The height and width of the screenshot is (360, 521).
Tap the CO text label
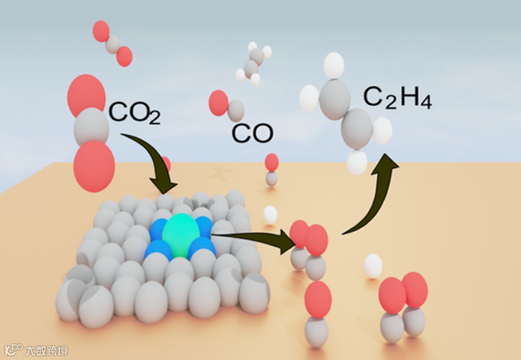[253, 133]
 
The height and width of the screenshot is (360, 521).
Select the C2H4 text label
[398, 98]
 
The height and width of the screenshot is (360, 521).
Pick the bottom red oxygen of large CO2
[94, 166]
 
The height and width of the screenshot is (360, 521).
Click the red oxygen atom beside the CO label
[218, 103]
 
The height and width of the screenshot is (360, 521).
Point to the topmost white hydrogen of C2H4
[333, 65]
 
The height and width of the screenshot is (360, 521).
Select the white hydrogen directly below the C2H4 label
[382, 131]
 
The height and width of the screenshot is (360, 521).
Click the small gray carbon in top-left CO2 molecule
[113, 44]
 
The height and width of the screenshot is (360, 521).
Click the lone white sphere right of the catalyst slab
[270, 215]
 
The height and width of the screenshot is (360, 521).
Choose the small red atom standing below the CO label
[272, 162]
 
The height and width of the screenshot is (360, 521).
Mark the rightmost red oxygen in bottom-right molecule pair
[415, 289]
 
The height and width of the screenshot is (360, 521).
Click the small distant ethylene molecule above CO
[253, 63]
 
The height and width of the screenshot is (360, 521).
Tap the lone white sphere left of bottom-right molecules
[373, 266]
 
